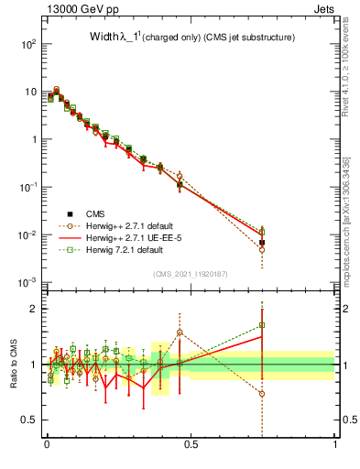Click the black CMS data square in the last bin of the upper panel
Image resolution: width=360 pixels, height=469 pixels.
tap(262, 243)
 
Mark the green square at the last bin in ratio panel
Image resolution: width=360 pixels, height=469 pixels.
tap(262, 324)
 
